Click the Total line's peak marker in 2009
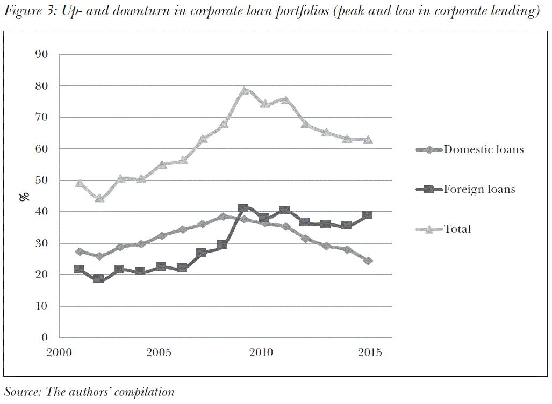pos(244,91)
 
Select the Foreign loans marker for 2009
pos(243,208)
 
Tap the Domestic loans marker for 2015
pos(368,261)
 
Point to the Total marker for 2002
pos(99,198)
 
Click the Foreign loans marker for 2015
pos(367,214)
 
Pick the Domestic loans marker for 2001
pos(80,251)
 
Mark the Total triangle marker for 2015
pos(368,140)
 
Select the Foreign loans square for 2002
pos(98,278)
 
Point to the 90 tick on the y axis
pos(42,55)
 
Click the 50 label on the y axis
pos(42,181)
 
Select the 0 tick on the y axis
pos(45,338)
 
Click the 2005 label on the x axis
pos(159,353)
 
